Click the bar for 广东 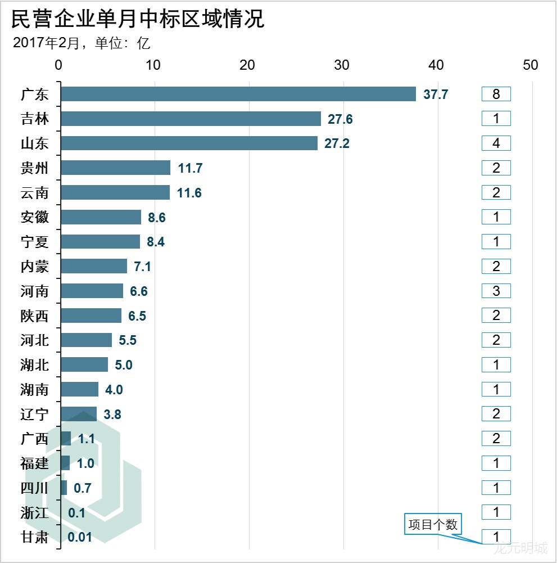click(x=238, y=94)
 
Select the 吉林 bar click(x=191, y=119)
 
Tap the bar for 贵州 click(x=116, y=168)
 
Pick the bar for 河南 click(x=92, y=291)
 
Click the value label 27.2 click(x=337, y=143)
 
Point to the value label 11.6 click(x=189, y=193)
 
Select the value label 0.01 click(x=79, y=537)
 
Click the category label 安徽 click(x=35, y=218)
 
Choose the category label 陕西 click(x=35, y=316)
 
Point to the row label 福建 click(x=35, y=464)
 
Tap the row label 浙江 click(x=35, y=513)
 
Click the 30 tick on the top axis click(x=342, y=65)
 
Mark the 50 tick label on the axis click(x=530, y=65)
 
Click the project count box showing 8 click(x=496, y=94)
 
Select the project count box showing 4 click(x=496, y=143)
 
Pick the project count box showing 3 click(x=496, y=291)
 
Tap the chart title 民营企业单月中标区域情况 click(x=138, y=20)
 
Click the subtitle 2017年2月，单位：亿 click(x=82, y=43)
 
